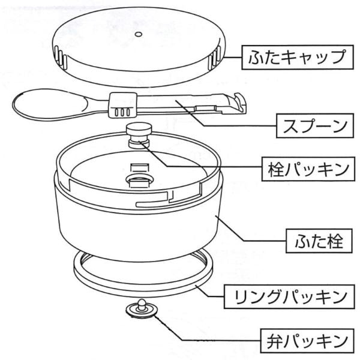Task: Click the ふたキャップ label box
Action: click(297, 58)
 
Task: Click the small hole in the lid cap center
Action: click(137, 34)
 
